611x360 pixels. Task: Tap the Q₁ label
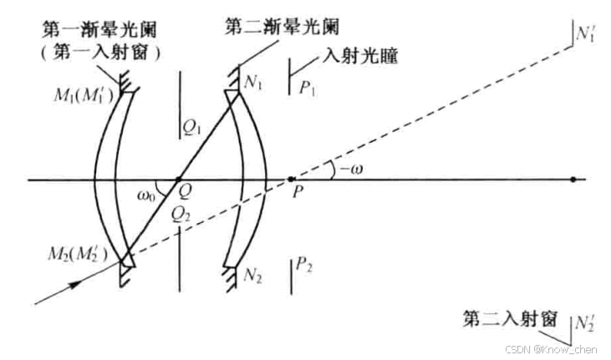coord(193,127)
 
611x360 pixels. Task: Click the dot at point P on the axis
coord(290,180)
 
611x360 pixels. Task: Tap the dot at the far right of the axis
coord(572,180)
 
